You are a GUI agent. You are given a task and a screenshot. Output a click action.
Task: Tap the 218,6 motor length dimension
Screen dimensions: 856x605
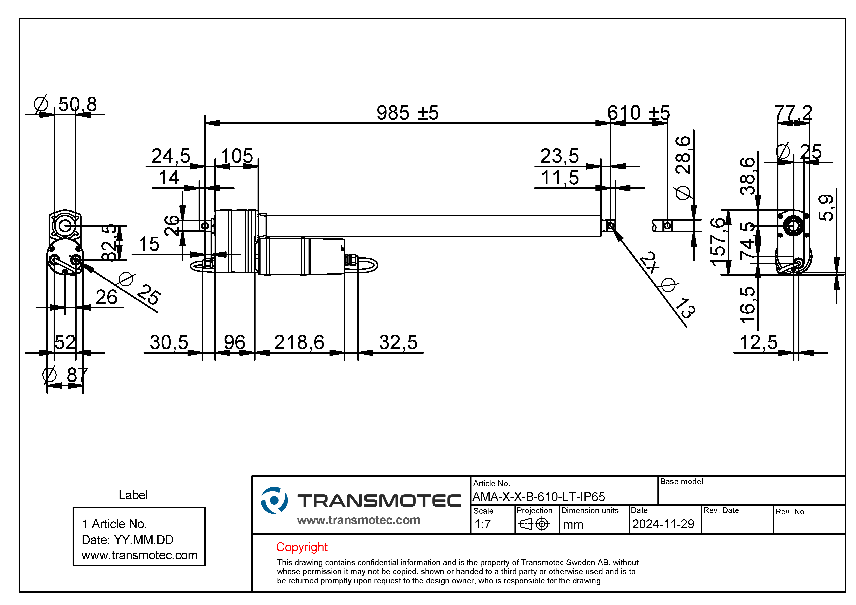(x=299, y=342)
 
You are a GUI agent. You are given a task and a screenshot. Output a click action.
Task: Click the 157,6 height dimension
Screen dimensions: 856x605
(x=718, y=242)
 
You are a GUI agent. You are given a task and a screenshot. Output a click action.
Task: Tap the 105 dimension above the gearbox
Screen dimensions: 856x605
(x=237, y=156)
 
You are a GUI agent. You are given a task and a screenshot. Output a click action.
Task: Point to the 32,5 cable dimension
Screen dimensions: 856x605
(x=398, y=342)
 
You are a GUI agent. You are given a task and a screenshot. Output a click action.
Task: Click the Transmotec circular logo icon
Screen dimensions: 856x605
(x=274, y=500)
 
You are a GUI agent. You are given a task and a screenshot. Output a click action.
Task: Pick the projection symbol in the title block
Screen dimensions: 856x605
(x=534, y=524)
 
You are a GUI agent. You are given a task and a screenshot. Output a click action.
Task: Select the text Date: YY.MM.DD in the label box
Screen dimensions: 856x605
(x=128, y=540)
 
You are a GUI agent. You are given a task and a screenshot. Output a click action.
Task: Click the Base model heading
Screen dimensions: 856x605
(x=681, y=482)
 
